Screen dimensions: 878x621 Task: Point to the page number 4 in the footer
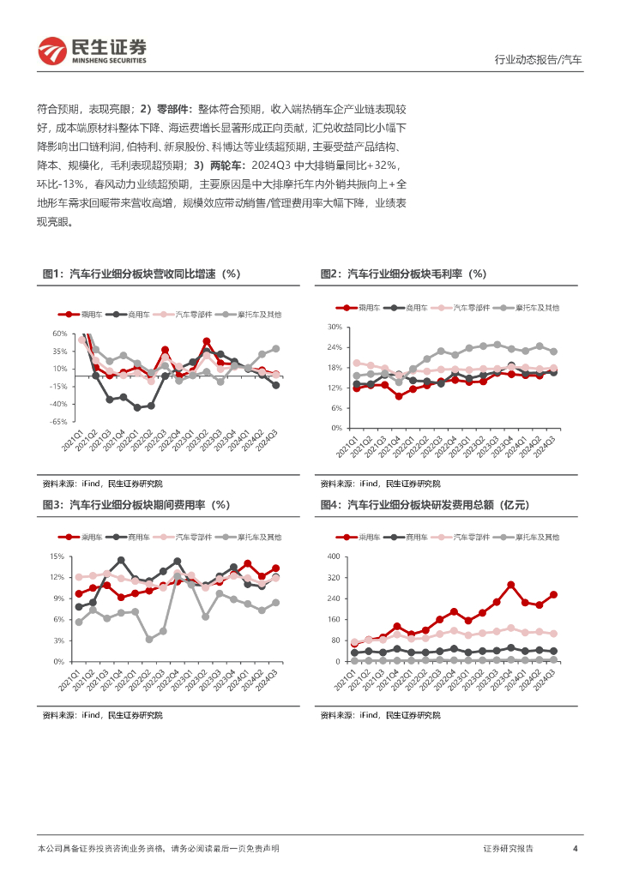(x=575, y=849)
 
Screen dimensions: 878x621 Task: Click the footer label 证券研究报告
(x=509, y=849)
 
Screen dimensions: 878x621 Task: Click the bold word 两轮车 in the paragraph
(x=228, y=165)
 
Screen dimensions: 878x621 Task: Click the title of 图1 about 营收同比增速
(x=142, y=274)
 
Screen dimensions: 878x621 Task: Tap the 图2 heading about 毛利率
(x=403, y=274)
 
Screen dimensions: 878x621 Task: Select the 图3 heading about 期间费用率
(x=136, y=505)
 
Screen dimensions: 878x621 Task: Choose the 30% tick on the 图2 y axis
(x=335, y=328)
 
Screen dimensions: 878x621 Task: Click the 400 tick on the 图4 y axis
(x=335, y=556)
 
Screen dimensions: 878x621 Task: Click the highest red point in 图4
(x=510, y=585)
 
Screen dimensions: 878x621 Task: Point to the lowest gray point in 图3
(x=149, y=639)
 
